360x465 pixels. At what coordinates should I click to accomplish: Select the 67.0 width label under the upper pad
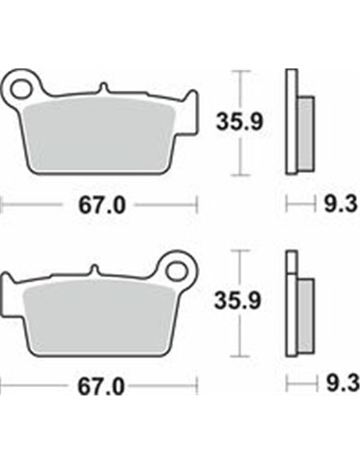pyautogui.click(x=101, y=205)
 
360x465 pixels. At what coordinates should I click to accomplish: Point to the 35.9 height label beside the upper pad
pyautogui.click(x=236, y=121)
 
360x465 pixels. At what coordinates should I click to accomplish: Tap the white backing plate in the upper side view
pyautogui.click(x=291, y=119)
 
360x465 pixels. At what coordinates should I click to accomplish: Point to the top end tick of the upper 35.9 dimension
pyautogui.click(x=237, y=71)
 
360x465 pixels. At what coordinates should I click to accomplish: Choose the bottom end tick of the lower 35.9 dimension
pyautogui.click(x=237, y=356)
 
